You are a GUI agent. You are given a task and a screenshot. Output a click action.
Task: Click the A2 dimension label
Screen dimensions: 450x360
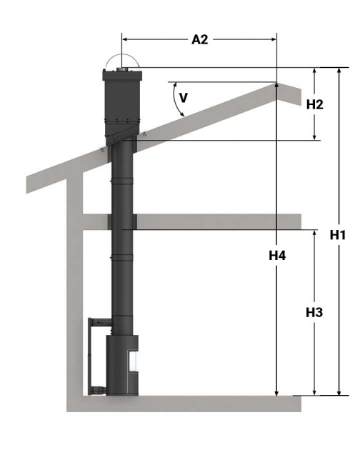click(x=199, y=39)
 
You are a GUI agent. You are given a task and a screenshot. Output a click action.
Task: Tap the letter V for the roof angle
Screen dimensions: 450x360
click(x=183, y=98)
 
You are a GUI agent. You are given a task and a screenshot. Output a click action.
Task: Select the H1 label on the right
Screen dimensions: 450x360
click(x=339, y=234)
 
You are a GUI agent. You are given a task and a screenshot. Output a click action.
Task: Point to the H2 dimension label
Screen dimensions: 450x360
click(x=315, y=104)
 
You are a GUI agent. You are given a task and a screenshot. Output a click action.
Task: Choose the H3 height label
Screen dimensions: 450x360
click(x=314, y=312)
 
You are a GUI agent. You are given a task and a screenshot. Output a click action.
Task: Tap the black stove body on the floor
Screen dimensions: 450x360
click(x=119, y=364)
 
